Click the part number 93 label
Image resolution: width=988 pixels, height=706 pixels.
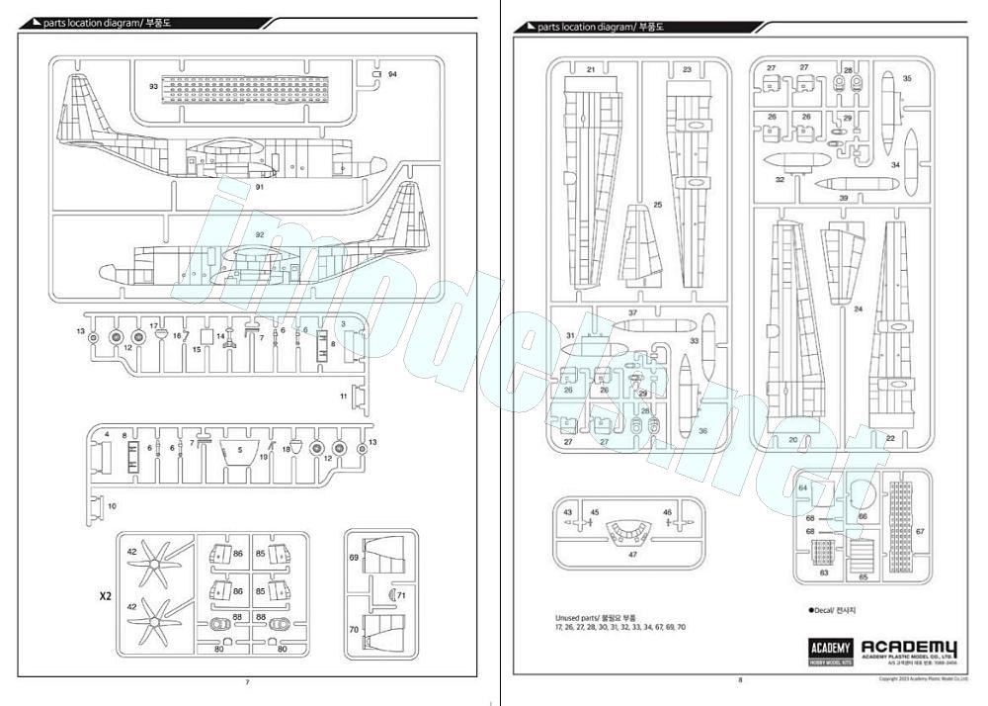point(153,87)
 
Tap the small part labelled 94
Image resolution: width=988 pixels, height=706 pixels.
point(376,74)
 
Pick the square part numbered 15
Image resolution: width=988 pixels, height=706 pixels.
point(206,335)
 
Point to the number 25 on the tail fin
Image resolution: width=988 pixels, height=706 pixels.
point(657,206)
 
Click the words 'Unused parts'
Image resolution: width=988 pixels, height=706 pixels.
point(583,618)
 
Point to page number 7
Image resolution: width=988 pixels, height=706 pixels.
point(247,682)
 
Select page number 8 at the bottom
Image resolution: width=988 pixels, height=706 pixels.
point(739,679)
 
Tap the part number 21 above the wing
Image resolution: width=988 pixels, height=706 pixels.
point(591,69)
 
